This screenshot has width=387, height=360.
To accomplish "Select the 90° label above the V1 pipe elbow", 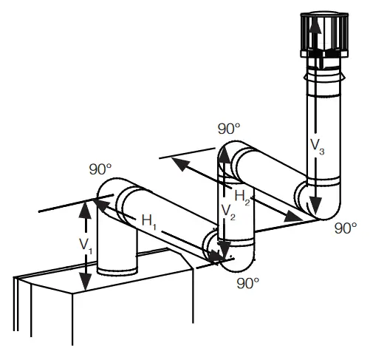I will [99, 169].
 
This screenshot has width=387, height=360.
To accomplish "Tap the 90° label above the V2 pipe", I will [228, 128].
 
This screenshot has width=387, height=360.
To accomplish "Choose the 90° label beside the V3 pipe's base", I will [345, 228].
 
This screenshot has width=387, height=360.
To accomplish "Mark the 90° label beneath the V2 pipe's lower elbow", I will [247, 282].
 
